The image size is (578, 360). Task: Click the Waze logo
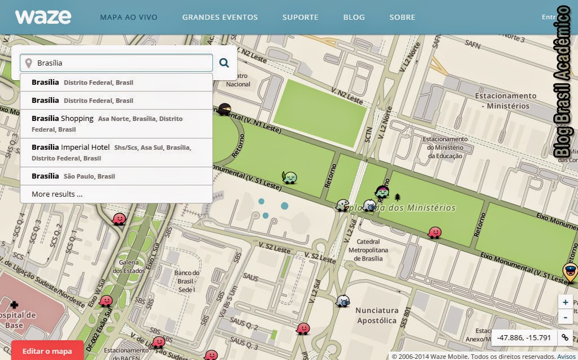[43, 17]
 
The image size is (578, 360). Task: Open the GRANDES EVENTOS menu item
[220, 18]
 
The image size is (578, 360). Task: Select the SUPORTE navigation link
[300, 18]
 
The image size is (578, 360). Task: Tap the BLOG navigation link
[354, 18]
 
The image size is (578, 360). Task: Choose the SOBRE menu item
[402, 18]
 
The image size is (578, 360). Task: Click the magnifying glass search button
[224, 63]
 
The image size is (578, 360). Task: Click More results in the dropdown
[57, 194]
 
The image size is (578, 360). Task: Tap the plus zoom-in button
[565, 302]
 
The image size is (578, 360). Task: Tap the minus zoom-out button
[565, 317]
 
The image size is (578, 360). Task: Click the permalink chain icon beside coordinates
[564, 337]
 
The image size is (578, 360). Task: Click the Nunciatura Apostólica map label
[376, 315]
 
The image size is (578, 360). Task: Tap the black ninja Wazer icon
[224, 110]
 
